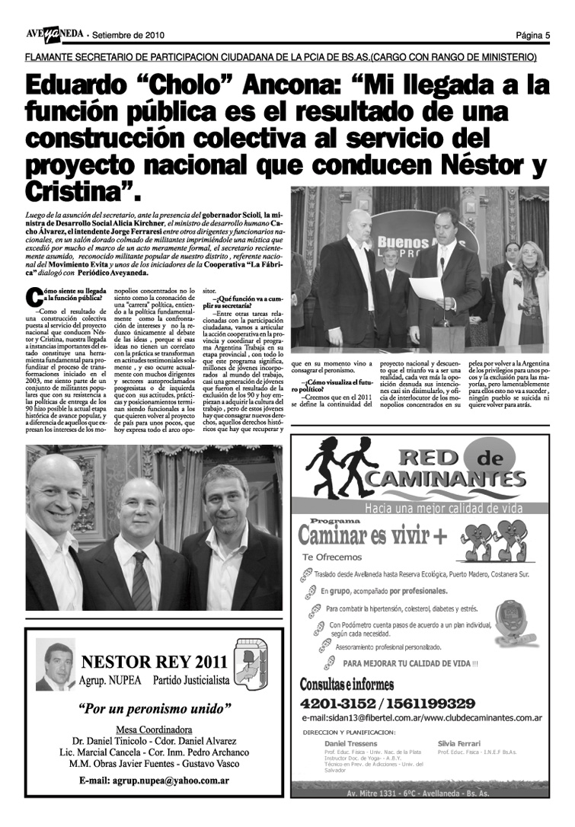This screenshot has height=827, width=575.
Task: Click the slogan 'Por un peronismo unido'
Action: pyautogui.click(x=155, y=708)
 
